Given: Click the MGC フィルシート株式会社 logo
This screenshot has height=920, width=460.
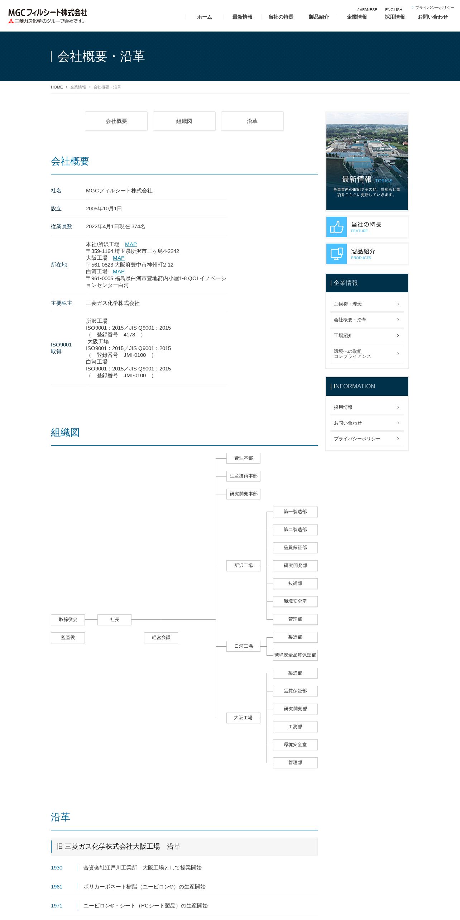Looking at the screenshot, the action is pos(48,16).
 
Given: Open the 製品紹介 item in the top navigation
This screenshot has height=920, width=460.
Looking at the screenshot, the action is pos(319,17).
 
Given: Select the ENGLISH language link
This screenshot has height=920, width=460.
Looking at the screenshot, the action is pos(393,10).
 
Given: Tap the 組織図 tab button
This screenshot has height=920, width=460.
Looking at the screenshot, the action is pos(184,121).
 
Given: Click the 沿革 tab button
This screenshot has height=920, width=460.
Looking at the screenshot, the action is pos(252,121).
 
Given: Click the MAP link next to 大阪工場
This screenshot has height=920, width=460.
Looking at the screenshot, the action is pos(119,258).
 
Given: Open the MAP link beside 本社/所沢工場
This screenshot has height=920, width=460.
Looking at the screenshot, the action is pos(131,244).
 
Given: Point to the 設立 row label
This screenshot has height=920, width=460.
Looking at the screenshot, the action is pos(56,209).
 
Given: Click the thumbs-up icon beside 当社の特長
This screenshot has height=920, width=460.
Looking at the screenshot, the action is pos(337,227).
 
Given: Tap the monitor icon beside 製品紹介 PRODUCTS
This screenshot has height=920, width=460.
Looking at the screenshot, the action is pos(337,254).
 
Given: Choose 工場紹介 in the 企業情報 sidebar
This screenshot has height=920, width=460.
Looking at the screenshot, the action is pos(367,336).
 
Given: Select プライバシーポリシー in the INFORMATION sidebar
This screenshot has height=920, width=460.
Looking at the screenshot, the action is pos(367,439).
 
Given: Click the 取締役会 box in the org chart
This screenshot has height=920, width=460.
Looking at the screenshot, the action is pos(68,619).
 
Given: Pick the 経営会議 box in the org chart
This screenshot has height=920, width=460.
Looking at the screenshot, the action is pos(161,637).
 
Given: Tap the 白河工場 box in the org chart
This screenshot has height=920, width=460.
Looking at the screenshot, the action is pos(244,646).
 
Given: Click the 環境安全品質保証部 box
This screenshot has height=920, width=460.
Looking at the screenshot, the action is pos(295,655).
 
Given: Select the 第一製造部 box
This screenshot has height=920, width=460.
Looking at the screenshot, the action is pos(295,512).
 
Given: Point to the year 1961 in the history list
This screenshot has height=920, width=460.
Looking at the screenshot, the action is pos(57,887).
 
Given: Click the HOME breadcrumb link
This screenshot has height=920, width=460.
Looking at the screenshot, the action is pos(57,87).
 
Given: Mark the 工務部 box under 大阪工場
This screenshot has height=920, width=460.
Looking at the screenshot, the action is pos(295,727).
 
